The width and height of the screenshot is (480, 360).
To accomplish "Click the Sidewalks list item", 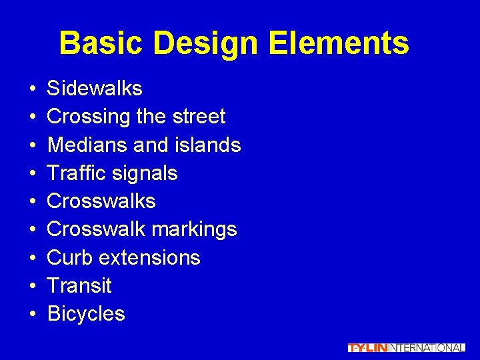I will click(95, 89).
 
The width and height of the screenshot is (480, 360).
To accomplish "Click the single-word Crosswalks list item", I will click(101, 201).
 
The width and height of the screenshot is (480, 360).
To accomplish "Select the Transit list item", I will click(79, 286).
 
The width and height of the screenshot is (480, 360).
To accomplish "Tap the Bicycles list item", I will click(86, 314).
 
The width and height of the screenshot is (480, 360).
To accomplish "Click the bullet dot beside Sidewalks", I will click(32, 89).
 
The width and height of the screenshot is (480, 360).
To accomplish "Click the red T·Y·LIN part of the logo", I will click(367, 347).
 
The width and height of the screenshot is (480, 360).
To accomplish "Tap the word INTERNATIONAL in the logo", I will click(427, 347).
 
